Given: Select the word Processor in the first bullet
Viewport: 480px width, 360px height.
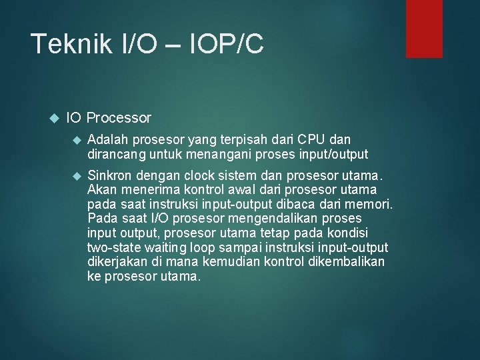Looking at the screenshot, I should pos(119,118).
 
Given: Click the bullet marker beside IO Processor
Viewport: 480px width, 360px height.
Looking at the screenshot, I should pos(55,118).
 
